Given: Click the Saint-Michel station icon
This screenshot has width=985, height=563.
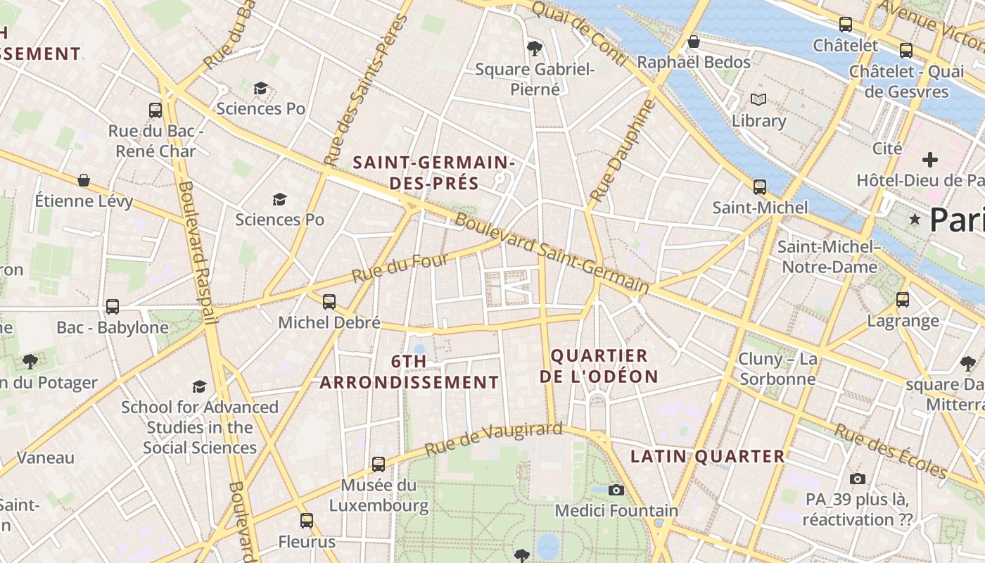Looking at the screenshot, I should pos(760,187).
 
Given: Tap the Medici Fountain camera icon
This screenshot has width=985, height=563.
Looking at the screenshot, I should pos(616,490).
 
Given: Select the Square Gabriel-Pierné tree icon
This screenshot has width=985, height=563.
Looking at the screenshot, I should pos(535,49).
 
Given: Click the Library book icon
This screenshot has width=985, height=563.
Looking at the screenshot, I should pos(758,99).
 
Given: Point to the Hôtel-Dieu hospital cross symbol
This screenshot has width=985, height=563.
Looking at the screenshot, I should pos(930,160).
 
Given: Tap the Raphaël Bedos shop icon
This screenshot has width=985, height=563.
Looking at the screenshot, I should pos(694,42).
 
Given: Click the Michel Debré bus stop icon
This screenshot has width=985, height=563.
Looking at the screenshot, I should pos(329,302).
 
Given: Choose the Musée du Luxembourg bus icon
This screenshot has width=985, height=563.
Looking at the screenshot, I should pos(379,464).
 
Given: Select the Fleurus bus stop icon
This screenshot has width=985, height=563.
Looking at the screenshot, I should pos(307,521).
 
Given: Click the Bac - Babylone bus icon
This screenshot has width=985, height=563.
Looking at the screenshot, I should pos(113,307).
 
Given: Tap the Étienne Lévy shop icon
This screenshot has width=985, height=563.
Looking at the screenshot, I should pos(84,181).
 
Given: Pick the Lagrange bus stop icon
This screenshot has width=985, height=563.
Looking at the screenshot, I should pos(903,300).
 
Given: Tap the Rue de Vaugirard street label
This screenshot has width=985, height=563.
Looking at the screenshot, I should pos(493,438).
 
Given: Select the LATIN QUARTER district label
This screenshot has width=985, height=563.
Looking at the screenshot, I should pos(707,456).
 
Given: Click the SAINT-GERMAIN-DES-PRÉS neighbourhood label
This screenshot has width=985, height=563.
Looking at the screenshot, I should pos(433,173).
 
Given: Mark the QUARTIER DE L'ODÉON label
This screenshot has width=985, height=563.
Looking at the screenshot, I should pos(599,366).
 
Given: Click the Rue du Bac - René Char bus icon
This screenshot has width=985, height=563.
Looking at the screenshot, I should pos(155,110).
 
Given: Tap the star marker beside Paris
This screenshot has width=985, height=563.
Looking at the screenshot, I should pos(915,220).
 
